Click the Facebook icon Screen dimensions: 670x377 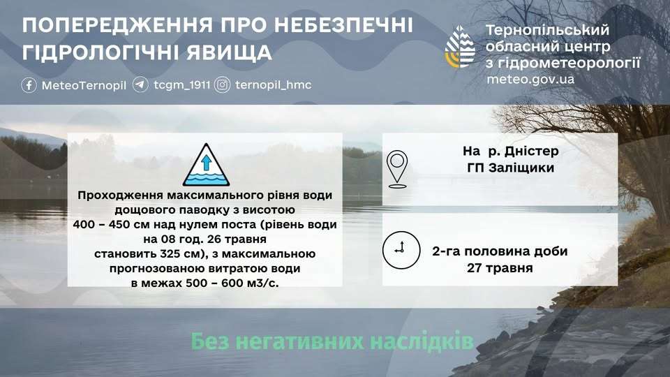pyautogui.click(x=29, y=85)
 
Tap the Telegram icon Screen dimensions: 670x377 pyautogui.click(x=140, y=84)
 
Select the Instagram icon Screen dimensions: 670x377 pyautogui.click(x=222, y=84)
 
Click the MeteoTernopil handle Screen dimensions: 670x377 pyautogui.click(x=84, y=85)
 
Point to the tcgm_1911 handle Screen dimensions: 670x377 pyautogui.click(x=182, y=85)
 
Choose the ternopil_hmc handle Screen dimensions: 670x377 pyautogui.click(x=273, y=85)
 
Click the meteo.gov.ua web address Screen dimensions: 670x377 pyautogui.click(x=530, y=80)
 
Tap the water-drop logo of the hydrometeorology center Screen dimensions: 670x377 pyautogui.click(x=460, y=47)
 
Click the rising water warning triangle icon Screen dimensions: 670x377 pyautogui.click(x=206, y=165)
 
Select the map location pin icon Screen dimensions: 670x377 pyautogui.click(x=397, y=169)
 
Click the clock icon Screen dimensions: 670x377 pyautogui.click(x=401, y=250)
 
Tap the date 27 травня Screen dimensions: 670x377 pyautogui.click(x=500, y=268)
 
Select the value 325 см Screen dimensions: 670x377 pyautogui.click(x=180, y=254)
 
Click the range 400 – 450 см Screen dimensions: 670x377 pyautogui.click(x=113, y=224)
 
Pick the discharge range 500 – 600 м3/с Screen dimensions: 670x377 pyautogui.click(x=232, y=283)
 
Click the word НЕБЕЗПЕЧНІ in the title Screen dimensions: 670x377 pyautogui.click(x=343, y=25)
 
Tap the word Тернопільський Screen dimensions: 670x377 pyautogui.click(x=547, y=30)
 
